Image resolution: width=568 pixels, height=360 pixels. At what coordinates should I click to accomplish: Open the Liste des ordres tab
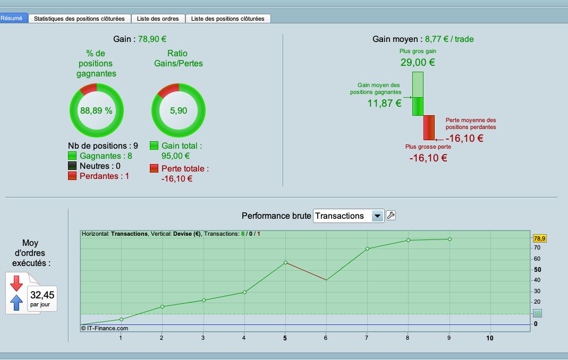tap(158, 19)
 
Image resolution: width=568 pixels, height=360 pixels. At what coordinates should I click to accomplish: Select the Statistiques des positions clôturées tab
tap(79, 19)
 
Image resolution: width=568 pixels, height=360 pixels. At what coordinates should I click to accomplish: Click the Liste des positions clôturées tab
tap(227, 19)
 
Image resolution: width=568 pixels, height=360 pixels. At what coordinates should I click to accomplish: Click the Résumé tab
tap(12, 18)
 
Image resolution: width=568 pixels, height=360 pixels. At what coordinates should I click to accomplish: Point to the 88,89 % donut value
tap(96, 111)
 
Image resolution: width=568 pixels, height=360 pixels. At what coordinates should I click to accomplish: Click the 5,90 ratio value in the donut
tap(178, 111)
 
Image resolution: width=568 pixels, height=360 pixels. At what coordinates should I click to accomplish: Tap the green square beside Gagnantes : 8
tap(73, 156)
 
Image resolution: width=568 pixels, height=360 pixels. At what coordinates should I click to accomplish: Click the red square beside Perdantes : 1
tap(73, 176)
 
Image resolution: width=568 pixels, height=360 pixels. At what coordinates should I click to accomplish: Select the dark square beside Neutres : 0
tap(73, 166)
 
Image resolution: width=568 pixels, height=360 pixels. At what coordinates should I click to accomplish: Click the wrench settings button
tap(391, 215)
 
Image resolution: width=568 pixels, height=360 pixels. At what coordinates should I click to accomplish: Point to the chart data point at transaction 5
tap(285, 262)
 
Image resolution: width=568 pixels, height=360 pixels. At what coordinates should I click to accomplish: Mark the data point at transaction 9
tap(450, 239)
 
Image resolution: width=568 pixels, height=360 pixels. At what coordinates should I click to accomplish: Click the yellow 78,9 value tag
tap(539, 238)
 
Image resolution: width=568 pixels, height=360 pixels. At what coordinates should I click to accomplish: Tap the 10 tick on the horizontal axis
tap(489, 338)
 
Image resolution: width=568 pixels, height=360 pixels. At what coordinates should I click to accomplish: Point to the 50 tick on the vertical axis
tap(537, 270)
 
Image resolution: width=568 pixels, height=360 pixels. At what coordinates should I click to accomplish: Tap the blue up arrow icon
tap(16, 303)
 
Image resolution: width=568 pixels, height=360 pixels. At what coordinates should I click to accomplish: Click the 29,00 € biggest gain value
tap(418, 62)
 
